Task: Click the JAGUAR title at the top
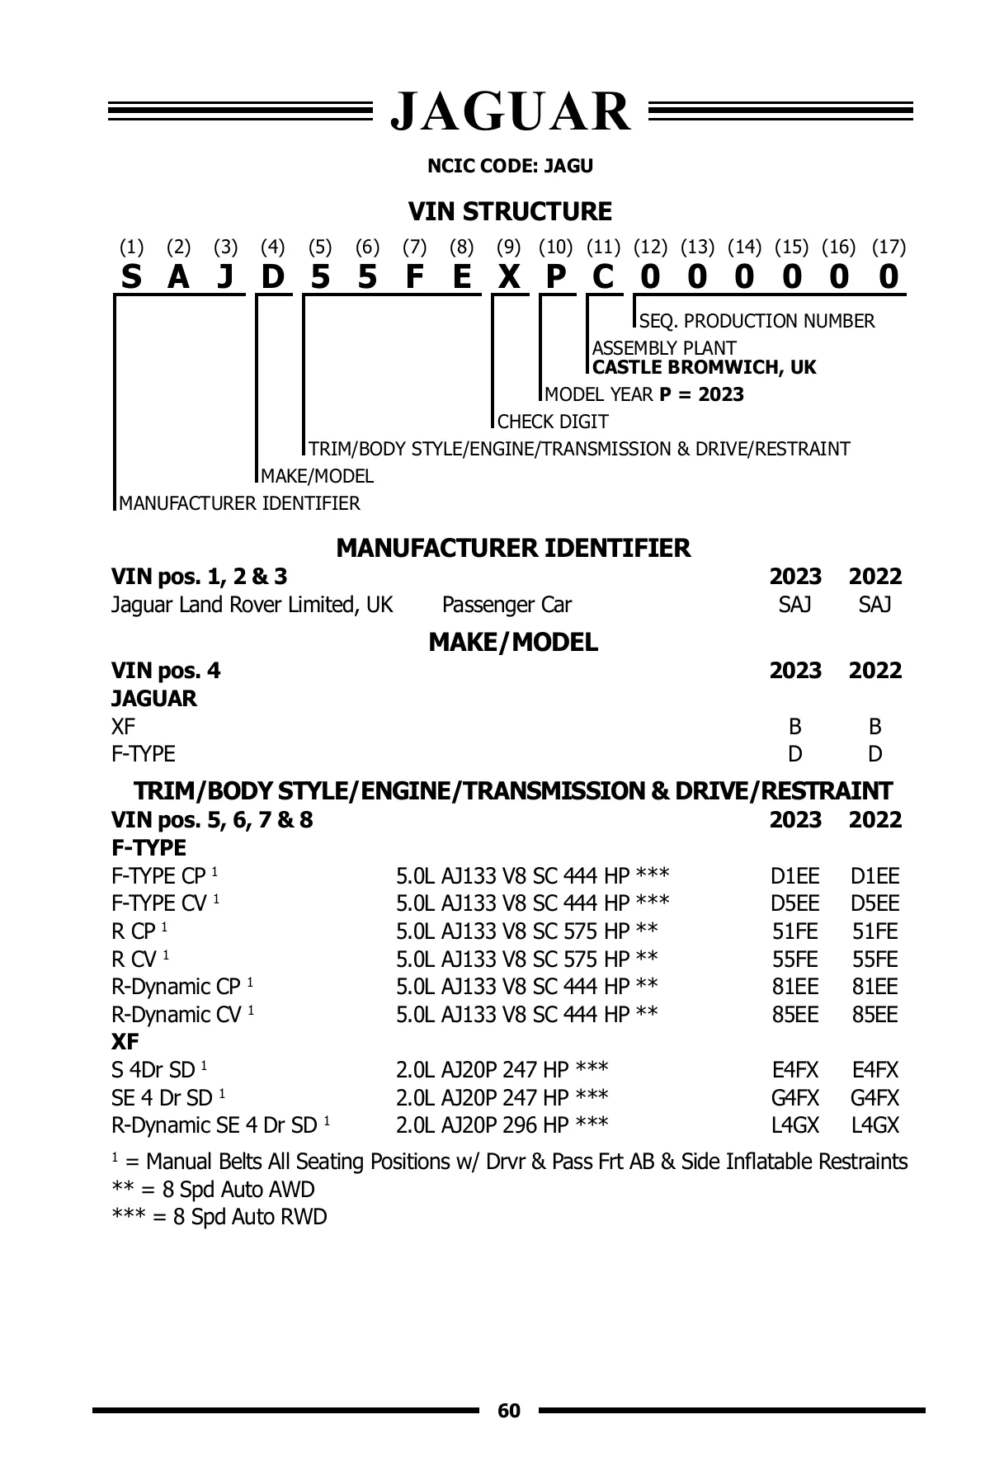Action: click(x=511, y=111)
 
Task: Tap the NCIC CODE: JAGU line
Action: click(x=510, y=166)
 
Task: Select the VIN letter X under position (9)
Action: click(x=509, y=277)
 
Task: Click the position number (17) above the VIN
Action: click(x=889, y=247)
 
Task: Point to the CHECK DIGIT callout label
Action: click(x=553, y=422)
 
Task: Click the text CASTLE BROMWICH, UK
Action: click(x=705, y=367)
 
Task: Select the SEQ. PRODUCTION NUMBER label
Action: click(x=757, y=321)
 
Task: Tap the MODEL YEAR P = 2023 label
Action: click(x=644, y=394)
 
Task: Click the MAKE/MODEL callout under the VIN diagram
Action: click(x=317, y=476)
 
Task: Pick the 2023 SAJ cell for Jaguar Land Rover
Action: click(x=794, y=605)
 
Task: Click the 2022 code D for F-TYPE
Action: click(x=874, y=754)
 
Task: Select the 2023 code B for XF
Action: click(x=794, y=727)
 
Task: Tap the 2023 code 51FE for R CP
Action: click(x=794, y=931)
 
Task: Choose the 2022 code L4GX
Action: click(x=874, y=1125)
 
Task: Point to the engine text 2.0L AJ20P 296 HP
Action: click(x=502, y=1125)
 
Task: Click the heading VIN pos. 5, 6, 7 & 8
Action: click(x=212, y=820)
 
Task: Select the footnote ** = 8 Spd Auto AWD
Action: click(x=213, y=1190)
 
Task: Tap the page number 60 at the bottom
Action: click(x=509, y=1411)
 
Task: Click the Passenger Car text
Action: click(x=507, y=605)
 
